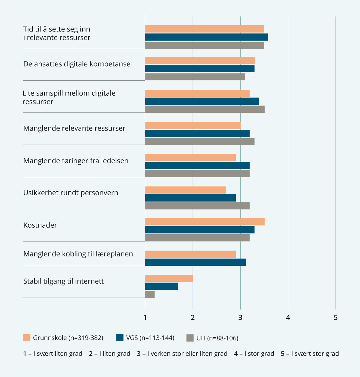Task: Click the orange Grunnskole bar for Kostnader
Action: pyautogui.click(x=205, y=222)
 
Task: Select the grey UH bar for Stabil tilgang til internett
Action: pyautogui.click(x=150, y=294)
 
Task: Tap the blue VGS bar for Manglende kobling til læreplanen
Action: pyautogui.click(x=196, y=262)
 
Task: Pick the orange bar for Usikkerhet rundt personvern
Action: pyautogui.click(x=185, y=190)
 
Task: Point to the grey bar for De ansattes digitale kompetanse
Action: pyautogui.click(x=195, y=77)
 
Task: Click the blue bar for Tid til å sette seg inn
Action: pyautogui.click(x=206, y=37)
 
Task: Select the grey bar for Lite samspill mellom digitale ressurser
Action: pyautogui.click(x=205, y=109)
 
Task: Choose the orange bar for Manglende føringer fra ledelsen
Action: pyautogui.click(x=190, y=157)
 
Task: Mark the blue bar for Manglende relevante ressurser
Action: pyautogui.click(x=197, y=133)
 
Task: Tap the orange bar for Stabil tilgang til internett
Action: pyautogui.click(x=169, y=278)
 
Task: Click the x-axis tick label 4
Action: pyautogui.click(x=288, y=317)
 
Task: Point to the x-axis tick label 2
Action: pyautogui.click(x=193, y=317)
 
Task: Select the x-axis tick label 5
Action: pyautogui.click(x=335, y=317)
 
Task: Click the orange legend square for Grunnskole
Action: pyautogui.click(x=27, y=338)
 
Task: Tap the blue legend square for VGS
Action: pyautogui.click(x=120, y=338)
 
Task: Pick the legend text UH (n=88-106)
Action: pyautogui.click(x=217, y=338)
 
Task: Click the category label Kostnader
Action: pyautogui.click(x=40, y=225)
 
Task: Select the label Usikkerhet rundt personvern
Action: pyautogui.click(x=71, y=193)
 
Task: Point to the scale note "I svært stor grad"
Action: pyautogui.click(x=315, y=354)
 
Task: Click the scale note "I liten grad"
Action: pyautogui.click(x=115, y=354)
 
